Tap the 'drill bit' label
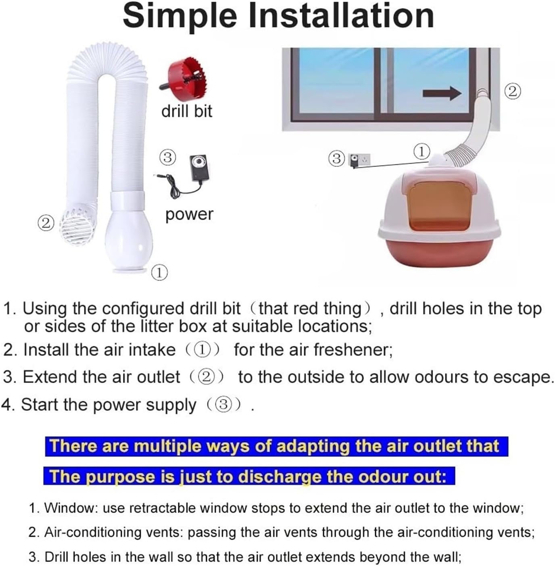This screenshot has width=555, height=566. pos(186,111)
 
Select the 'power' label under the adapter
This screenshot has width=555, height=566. pos(189,214)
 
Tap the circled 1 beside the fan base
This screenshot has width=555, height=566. pos(159,273)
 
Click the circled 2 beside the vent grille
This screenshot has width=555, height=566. pos(46,223)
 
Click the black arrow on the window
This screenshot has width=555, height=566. pos(442,94)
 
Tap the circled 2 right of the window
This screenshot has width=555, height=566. pos(512,92)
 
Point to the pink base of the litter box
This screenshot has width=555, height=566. pos(440,252)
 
